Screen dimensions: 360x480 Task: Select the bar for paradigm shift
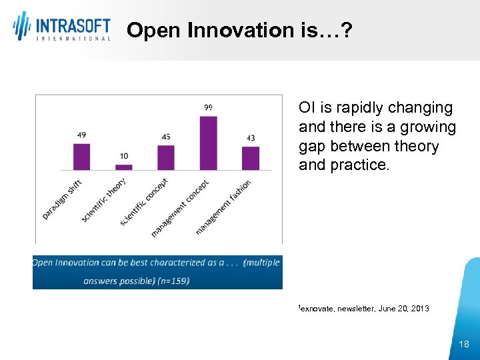(x=81, y=157)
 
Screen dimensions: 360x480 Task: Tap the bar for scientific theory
(x=124, y=167)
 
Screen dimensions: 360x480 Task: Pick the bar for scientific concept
(x=166, y=158)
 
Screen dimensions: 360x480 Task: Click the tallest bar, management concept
(x=208, y=143)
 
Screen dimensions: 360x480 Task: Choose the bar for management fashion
(x=250, y=158)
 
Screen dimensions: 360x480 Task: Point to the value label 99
(x=208, y=107)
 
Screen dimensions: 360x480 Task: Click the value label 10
(x=124, y=156)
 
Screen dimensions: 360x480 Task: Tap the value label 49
(x=81, y=135)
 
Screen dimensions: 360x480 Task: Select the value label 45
(x=166, y=137)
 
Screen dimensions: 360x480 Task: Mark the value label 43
(x=250, y=138)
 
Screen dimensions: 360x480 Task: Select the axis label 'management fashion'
(x=223, y=207)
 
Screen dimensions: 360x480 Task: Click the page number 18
(x=464, y=344)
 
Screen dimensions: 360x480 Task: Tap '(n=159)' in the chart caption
(x=172, y=281)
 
